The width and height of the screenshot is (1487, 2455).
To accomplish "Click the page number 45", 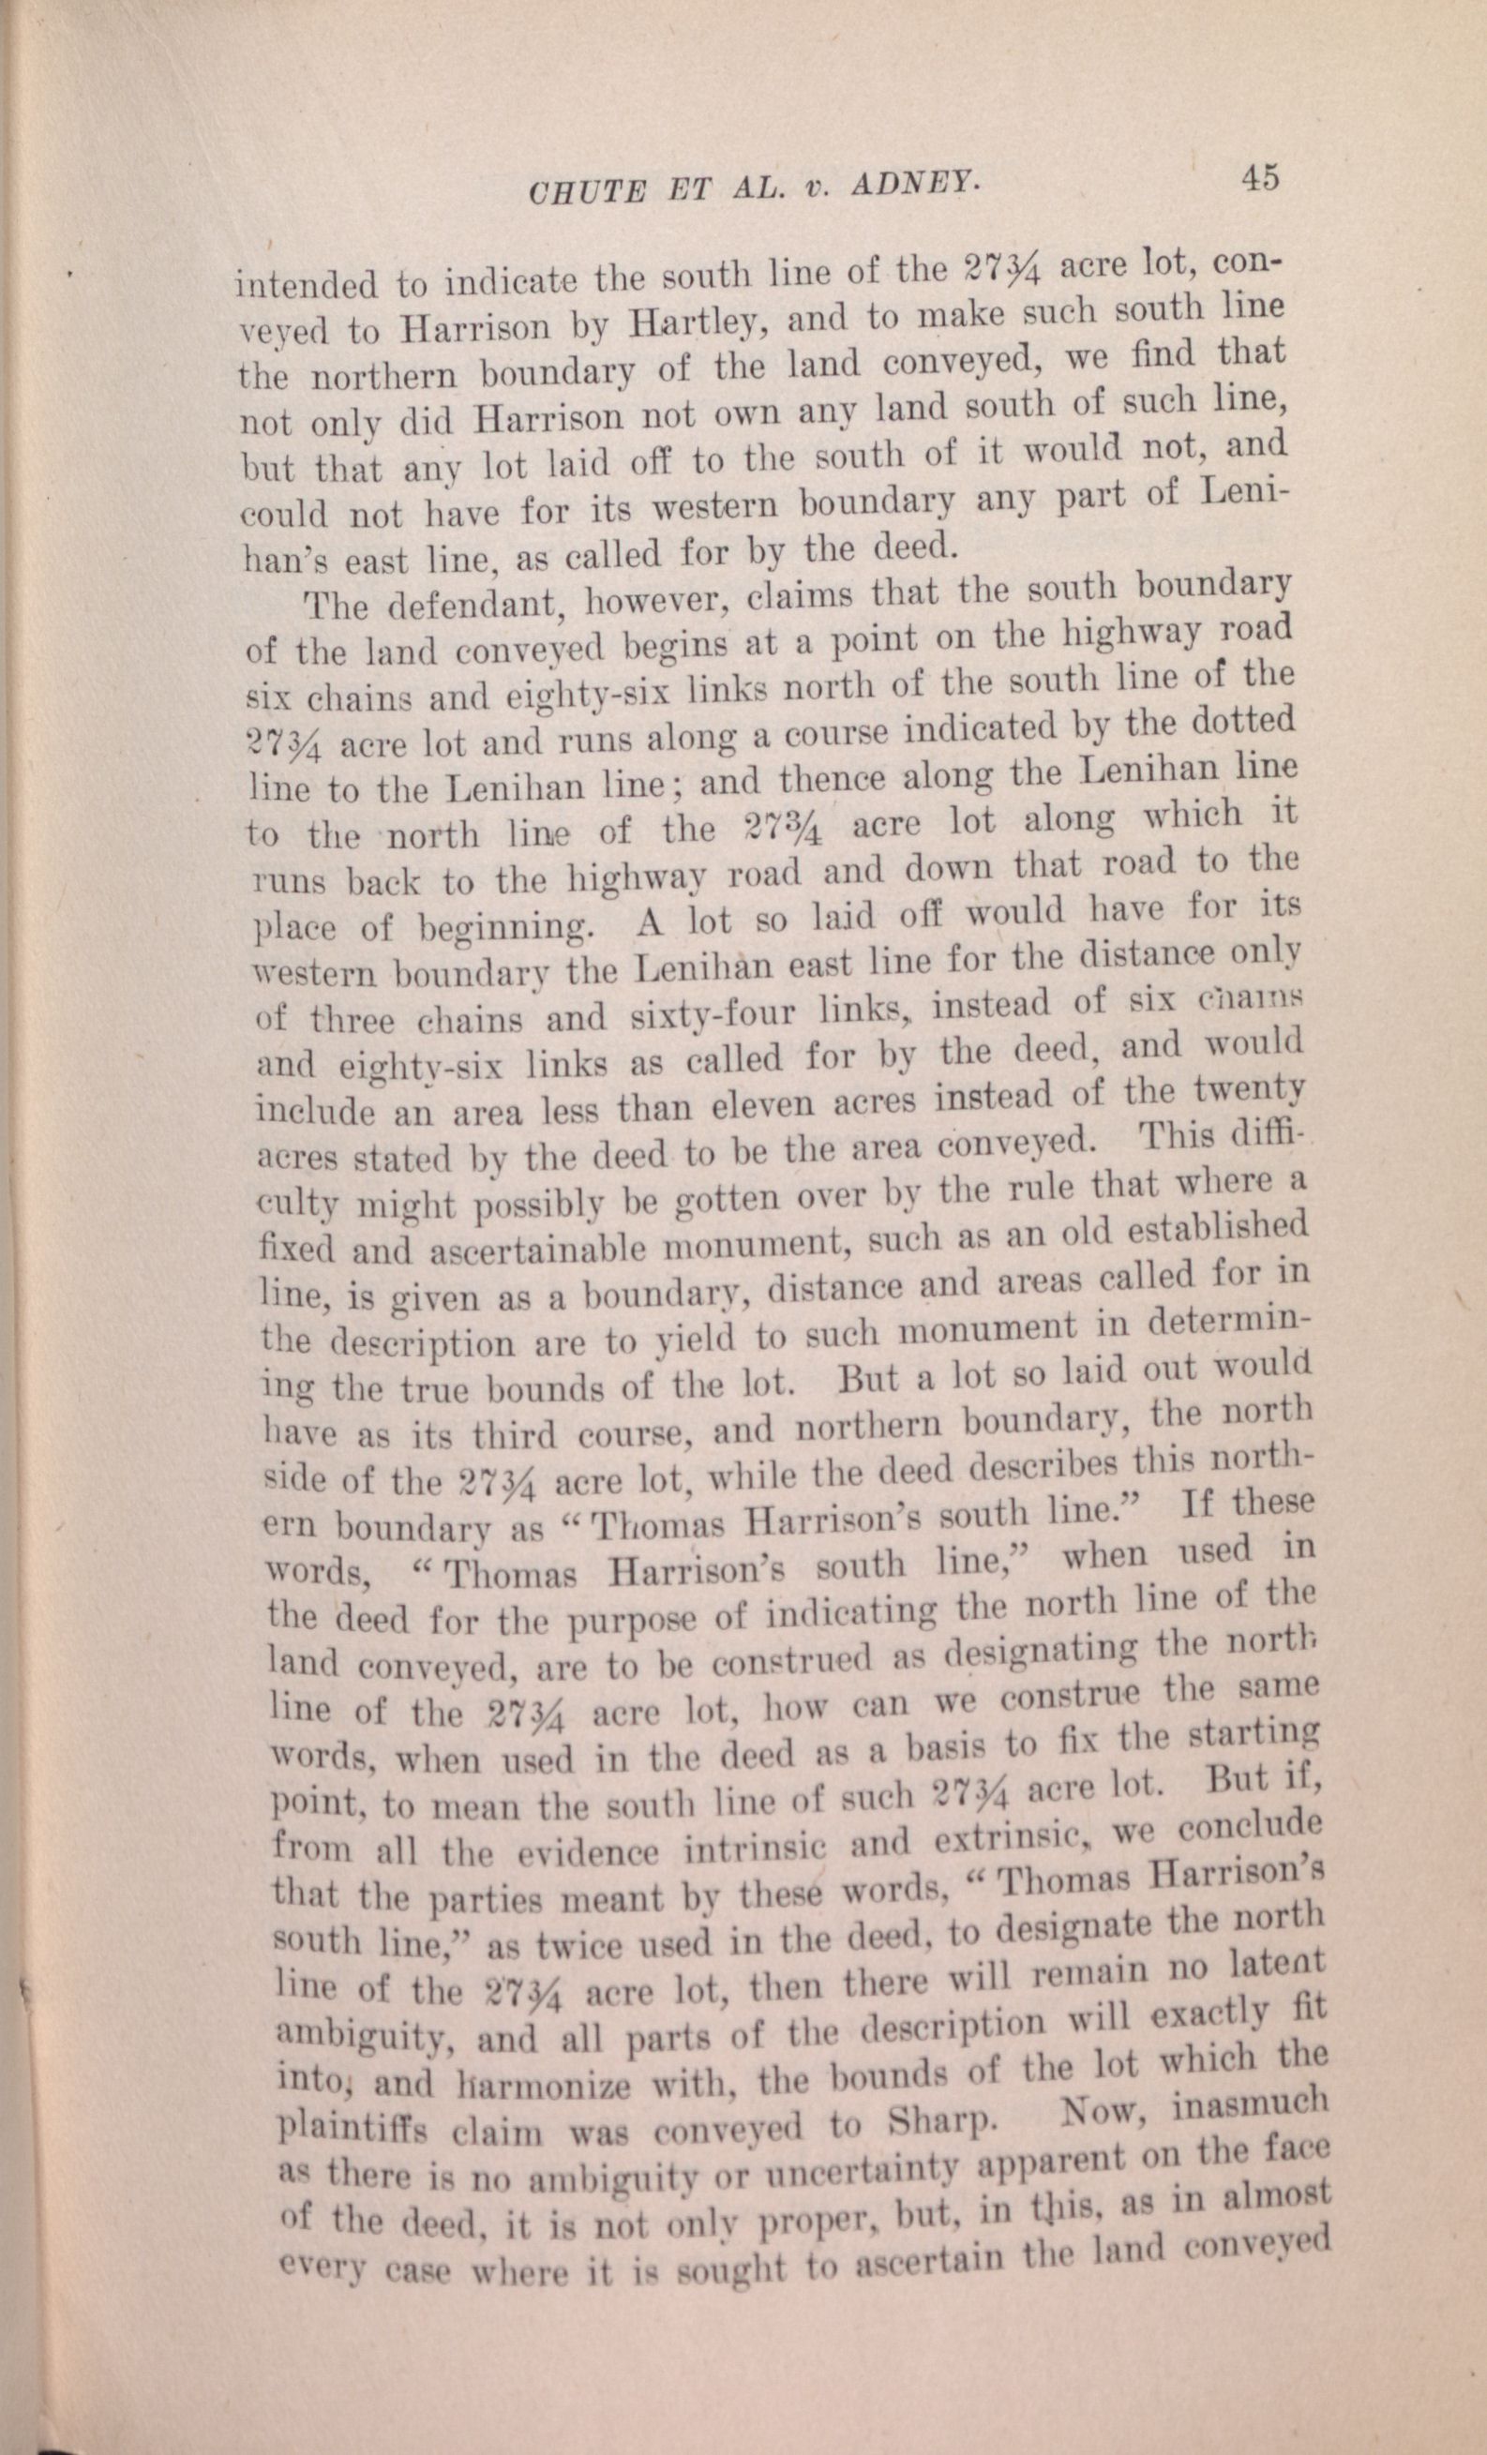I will pos(1259,178).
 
